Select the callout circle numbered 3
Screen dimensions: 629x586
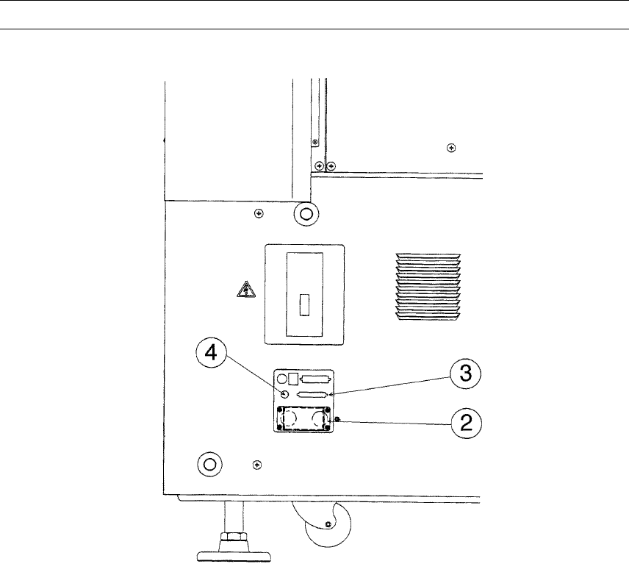(x=464, y=374)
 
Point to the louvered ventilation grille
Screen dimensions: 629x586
(x=428, y=287)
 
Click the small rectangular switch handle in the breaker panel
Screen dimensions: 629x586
(x=303, y=304)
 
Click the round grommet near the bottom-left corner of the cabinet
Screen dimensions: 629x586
(x=209, y=464)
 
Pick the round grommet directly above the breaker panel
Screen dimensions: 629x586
(x=305, y=215)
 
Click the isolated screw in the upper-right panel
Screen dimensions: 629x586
(x=450, y=148)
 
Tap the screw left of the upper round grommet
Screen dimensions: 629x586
(x=258, y=214)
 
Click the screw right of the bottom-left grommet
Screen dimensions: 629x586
(x=256, y=465)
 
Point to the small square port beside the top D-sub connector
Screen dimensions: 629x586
(x=292, y=378)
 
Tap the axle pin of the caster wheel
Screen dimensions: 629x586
(x=327, y=524)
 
